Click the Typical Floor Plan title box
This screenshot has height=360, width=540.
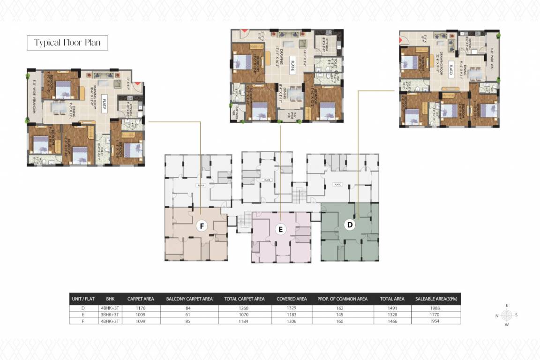[x=67, y=43]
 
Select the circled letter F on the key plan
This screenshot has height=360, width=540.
[x=202, y=226]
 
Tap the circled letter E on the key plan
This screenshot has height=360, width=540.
[x=280, y=229]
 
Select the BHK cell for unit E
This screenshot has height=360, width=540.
[x=110, y=315]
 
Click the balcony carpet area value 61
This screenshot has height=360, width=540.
[x=189, y=315]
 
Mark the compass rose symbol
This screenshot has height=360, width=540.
[x=507, y=315]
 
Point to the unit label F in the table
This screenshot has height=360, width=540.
[x=83, y=321]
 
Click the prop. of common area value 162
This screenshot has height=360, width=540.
[x=340, y=308]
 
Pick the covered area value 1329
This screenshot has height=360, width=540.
[x=292, y=308]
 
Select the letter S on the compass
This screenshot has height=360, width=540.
[x=517, y=315]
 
